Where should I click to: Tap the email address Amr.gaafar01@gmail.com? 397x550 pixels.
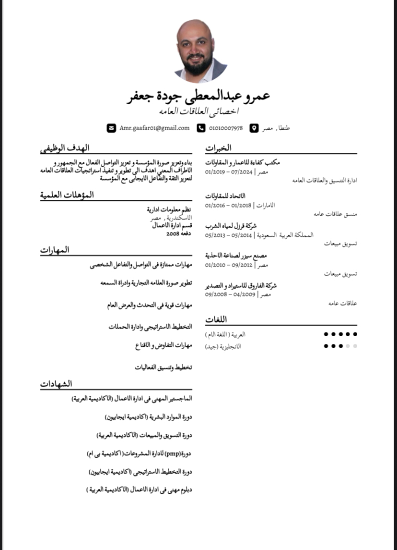point(154,128)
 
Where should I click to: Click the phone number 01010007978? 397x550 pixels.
point(226,129)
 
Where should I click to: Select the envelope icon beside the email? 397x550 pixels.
point(111,128)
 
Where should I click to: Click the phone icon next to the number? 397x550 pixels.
point(201,128)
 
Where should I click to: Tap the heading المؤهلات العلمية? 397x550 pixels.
point(67,195)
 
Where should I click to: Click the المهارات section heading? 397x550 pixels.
point(55,250)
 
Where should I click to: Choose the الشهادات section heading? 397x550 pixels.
point(56,383)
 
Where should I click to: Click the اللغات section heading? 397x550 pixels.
point(216,319)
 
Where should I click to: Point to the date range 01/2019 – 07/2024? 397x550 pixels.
point(228,171)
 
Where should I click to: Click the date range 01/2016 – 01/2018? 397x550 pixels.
point(228,206)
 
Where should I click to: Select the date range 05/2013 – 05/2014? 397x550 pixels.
point(228,235)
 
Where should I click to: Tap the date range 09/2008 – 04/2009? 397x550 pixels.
point(228,294)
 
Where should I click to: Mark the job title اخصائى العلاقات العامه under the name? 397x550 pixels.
point(199,111)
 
